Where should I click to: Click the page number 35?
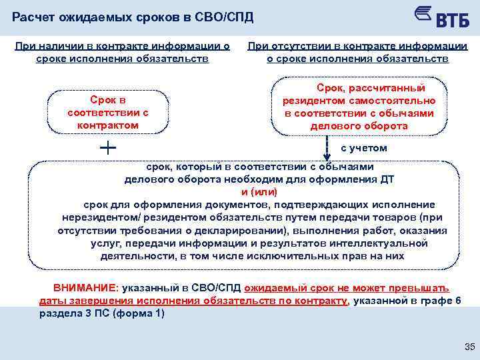pyautogui.click(x=469, y=347)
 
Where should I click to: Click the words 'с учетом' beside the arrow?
pyautogui.click(x=363, y=148)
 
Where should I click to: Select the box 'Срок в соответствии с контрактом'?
pyautogui.click(x=108, y=113)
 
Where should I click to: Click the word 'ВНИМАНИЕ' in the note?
pyautogui.click(x=85, y=288)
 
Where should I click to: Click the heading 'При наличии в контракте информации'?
pyautogui.click(x=122, y=46)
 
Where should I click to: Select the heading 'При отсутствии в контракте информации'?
pyautogui.click(x=357, y=46)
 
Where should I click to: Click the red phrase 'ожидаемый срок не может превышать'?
pyautogui.click(x=347, y=288)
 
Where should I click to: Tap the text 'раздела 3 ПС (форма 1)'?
pyautogui.click(x=102, y=313)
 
